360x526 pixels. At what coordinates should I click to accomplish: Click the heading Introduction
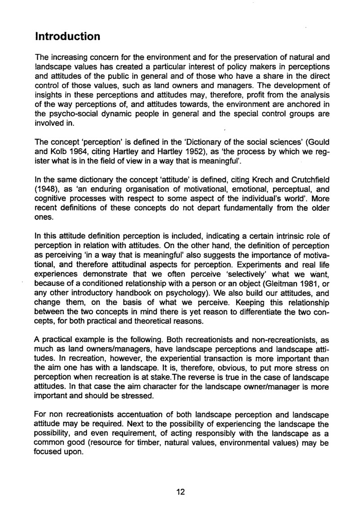pyautogui.click(x=67, y=36)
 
